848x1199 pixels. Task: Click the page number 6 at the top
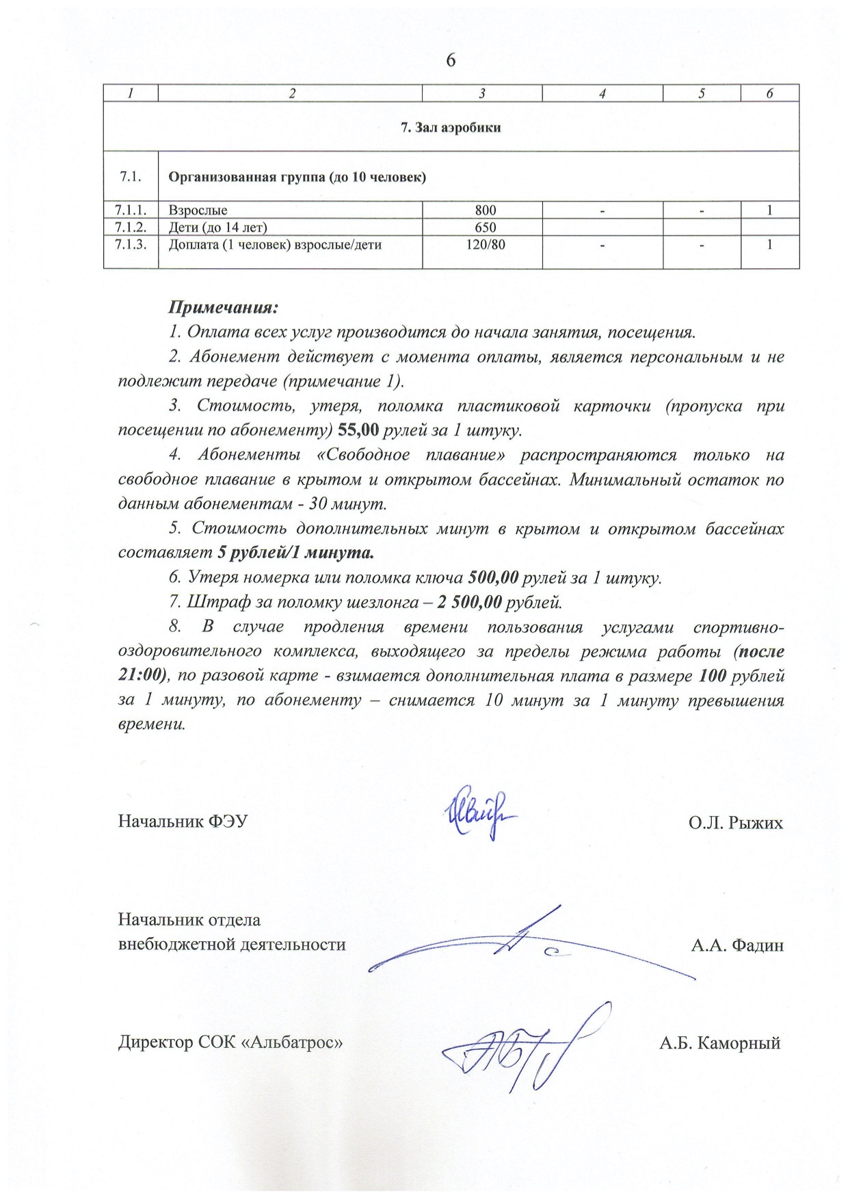pos(451,61)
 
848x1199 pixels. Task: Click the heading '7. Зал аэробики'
pos(451,127)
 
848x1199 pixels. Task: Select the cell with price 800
pos(482,211)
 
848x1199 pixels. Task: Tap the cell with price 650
pos(482,227)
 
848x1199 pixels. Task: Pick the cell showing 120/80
pos(482,244)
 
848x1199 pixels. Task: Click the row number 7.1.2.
pos(131,227)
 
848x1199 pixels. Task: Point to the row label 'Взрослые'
pos(198,211)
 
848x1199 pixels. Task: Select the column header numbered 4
pos(602,94)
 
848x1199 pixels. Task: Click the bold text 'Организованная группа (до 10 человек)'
pos(297,178)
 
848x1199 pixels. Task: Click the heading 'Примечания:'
pos(223,307)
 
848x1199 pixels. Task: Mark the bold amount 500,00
pos(492,578)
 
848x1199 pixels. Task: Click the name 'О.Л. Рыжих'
pos(735,822)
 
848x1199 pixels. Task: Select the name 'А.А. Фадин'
pos(737,946)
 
